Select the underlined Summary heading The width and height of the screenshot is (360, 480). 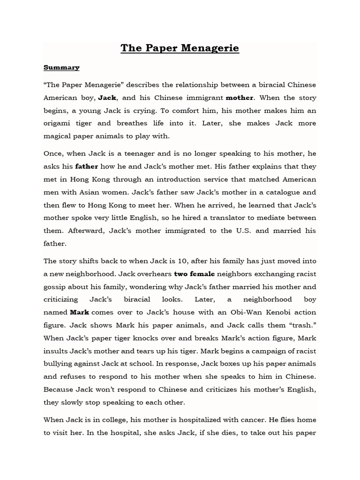pos(61,67)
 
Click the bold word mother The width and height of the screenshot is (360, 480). pos(240,98)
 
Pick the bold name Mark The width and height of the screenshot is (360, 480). pos(79,312)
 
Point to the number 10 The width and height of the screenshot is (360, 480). pos(158,261)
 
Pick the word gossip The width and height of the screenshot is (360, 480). pos(56,287)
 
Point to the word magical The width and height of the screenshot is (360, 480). pos(60,136)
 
